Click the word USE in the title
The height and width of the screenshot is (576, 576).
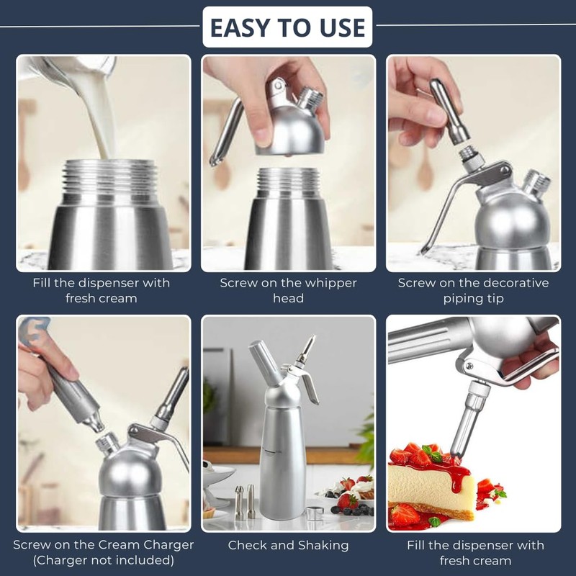pos(341,27)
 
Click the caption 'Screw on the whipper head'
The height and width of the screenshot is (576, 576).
pos(288,290)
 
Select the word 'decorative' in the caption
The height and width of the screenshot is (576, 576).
pos(514,283)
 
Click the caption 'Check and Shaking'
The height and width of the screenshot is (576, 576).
pos(288,545)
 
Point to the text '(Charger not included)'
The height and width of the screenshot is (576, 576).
pos(104,561)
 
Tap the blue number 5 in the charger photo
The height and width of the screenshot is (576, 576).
pos(30,333)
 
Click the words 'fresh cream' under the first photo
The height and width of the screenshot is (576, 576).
pos(101,298)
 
